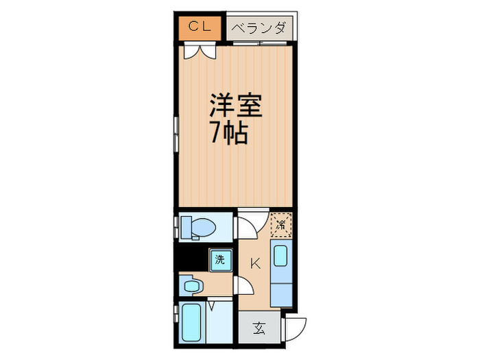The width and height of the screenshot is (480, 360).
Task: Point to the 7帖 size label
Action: (228, 132)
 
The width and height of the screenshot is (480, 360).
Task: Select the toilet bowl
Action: (202, 226)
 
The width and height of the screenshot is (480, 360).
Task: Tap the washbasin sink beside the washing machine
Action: (191, 284)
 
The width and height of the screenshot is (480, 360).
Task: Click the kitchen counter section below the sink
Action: (280, 289)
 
